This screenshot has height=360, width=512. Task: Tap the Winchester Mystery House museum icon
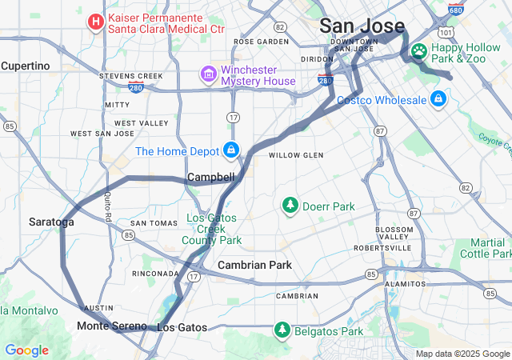point(208,75)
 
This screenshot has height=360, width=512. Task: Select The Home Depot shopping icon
point(231,150)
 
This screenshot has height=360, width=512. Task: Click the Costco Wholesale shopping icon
point(438,99)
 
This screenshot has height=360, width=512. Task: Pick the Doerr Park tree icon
point(290,206)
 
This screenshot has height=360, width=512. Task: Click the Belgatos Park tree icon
point(282,330)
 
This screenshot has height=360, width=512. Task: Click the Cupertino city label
point(25,66)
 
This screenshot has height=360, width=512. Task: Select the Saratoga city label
point(51,222)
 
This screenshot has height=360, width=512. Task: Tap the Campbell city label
point(210,177)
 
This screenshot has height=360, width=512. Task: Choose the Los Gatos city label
point(182,327)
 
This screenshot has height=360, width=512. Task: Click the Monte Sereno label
point(111,326)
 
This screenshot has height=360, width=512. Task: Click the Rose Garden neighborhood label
point(261,42)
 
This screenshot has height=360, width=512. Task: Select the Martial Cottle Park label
point(487,248)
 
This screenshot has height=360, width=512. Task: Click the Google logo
point(26,350)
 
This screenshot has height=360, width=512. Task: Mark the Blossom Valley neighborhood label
point(394,233)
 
